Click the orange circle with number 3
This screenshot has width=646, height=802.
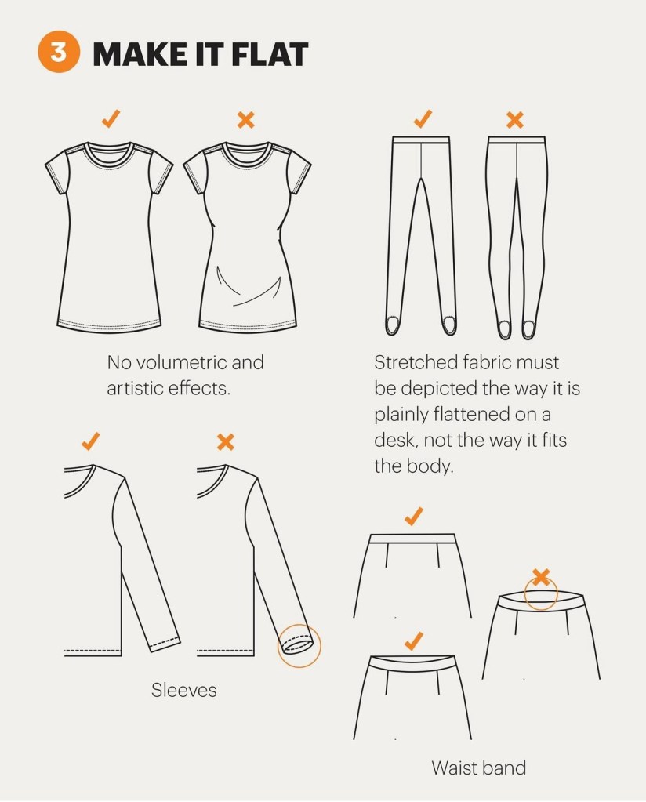(59, 53)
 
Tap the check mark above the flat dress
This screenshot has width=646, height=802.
(111, 118)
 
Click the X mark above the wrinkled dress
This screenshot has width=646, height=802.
(246, 120)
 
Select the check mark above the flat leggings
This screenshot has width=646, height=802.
(423, 118)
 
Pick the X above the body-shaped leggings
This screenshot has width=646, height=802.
(515, 120)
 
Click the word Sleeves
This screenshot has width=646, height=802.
(184, 690)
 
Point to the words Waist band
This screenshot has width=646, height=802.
(479, 768)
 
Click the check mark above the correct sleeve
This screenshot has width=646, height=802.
(90, 441)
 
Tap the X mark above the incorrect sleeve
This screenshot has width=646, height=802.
(226, 442)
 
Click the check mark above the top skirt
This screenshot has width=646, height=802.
(414, 516)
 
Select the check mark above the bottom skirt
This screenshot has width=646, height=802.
(414, 641)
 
